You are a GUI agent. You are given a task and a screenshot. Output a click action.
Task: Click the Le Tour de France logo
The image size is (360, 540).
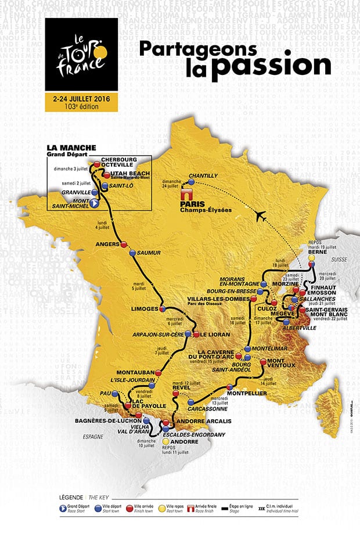tap(81, 56)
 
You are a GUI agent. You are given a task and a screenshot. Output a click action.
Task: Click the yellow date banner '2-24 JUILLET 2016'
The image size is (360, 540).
tap(81, 102)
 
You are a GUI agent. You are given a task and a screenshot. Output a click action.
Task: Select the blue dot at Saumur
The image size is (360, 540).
tap(132, 253)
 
